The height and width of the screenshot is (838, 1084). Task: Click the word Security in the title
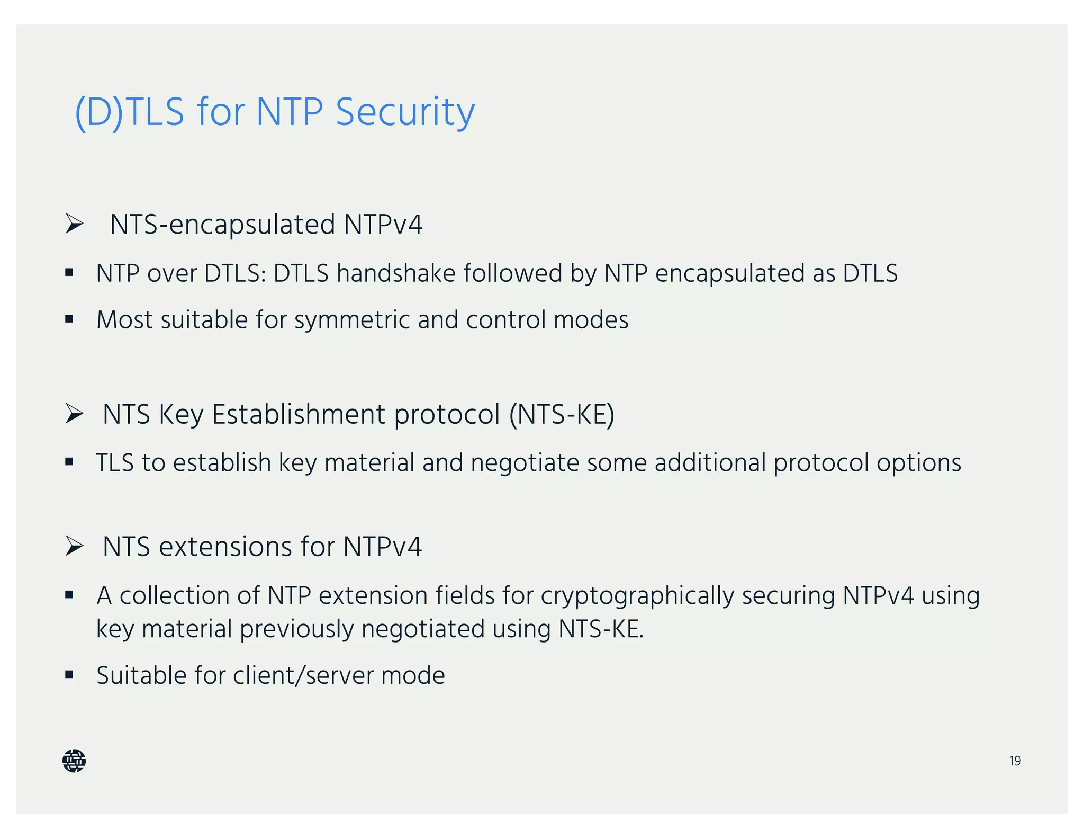click(405, 112)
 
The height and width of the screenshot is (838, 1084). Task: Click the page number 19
click(1015, 761)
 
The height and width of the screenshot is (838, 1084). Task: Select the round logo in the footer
click(74, 761)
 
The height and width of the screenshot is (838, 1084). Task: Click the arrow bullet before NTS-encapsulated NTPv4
click(74, 224)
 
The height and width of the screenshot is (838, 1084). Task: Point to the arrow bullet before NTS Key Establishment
click(74, 414)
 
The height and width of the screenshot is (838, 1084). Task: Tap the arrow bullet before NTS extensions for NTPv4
click(74, 546)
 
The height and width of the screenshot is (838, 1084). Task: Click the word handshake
click(396, 274)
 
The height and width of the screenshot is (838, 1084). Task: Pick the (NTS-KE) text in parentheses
click(562, 414)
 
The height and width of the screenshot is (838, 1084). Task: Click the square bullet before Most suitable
click(69, 319)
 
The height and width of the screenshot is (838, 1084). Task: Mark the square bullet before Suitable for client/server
click(69, 675)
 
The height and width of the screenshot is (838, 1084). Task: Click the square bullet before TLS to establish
click(69, 462)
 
